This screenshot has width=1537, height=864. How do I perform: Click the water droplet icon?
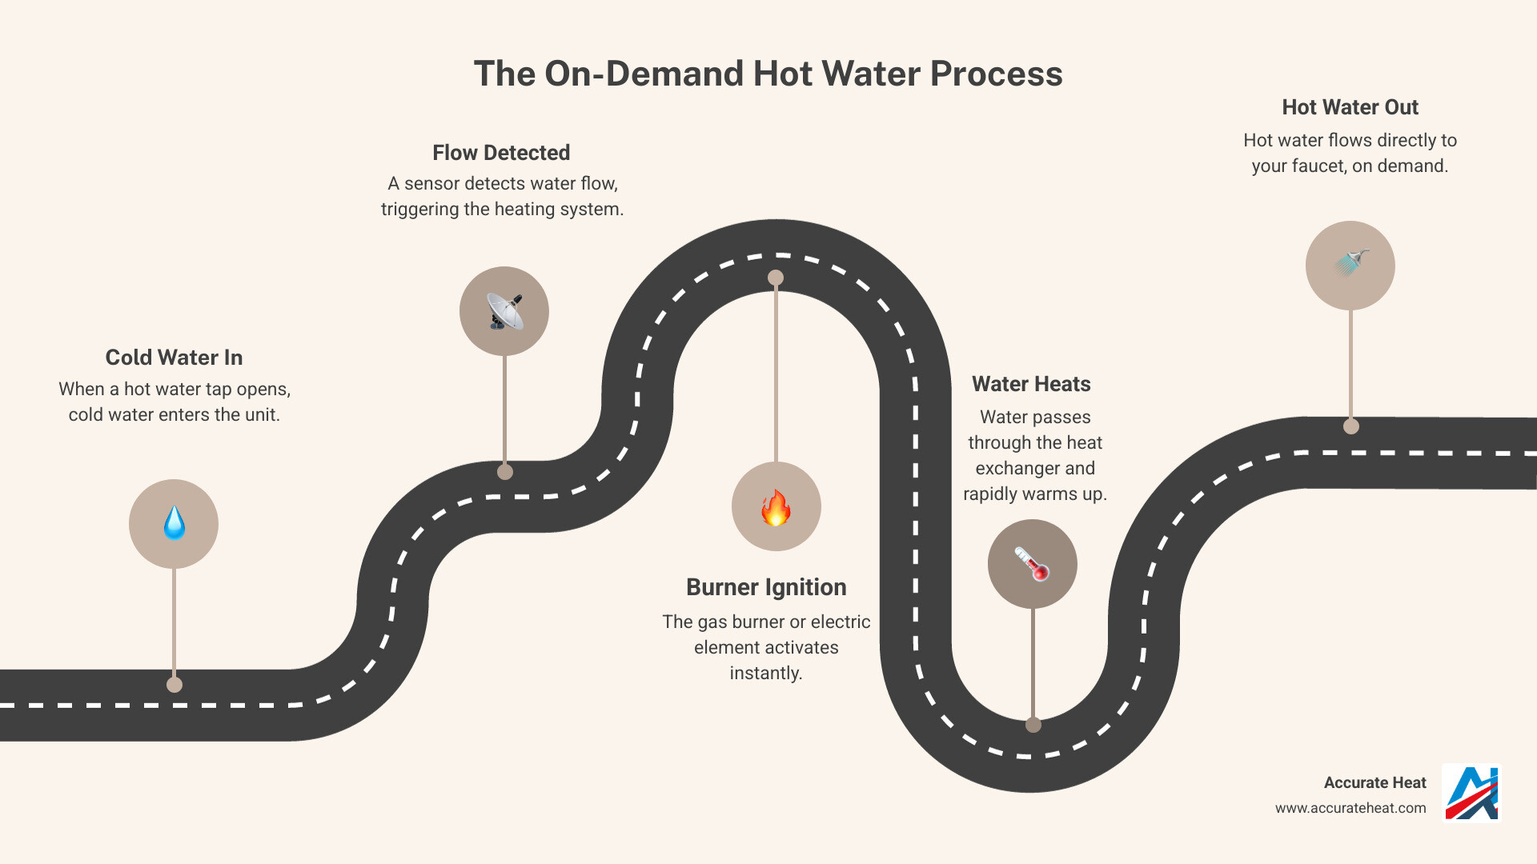coord(174,524)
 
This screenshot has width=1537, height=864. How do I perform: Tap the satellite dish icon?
coord(504,311)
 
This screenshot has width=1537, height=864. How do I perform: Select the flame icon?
coord(776,507)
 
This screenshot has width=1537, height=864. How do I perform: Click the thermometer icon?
coord(1032,564)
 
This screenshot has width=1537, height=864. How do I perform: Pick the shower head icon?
coord(1350,264)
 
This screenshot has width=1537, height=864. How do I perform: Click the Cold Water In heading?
coord(174,358)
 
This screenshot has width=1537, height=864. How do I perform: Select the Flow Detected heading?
coord(501,153)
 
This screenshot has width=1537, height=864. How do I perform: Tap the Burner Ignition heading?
coord(766,587)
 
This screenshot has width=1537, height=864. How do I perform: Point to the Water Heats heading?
coord(1031,384)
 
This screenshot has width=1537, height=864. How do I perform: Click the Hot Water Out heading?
coord(1350,107)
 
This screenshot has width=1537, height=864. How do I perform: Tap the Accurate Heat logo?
coord(1471,794)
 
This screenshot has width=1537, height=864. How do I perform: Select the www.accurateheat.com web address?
coord(1350,808)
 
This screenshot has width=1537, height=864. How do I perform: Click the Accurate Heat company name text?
coord(1374,782)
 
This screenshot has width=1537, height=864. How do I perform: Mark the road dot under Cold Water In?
coord(175,685)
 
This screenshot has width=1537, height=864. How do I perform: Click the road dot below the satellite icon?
coord(505,472)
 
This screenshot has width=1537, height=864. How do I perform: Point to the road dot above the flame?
coord(776,278)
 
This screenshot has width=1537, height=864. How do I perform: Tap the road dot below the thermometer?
coord(1033,725)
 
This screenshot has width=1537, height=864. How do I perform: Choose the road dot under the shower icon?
coord(1351,426)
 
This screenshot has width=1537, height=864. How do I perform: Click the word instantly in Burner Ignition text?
coord(766,673)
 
